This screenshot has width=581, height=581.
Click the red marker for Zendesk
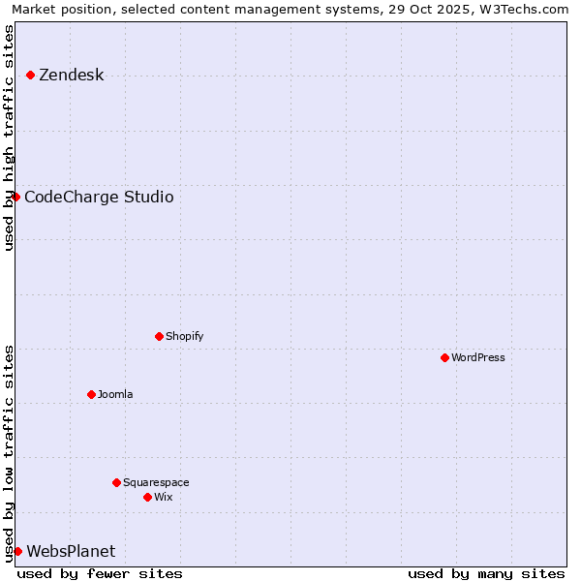[x=30, y=75]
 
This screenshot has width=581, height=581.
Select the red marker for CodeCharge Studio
[x=15, y=197]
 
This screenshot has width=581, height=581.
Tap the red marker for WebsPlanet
[x=17, y=551]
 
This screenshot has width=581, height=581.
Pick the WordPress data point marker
[x=444, y=357]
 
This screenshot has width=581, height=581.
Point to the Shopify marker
[x=159, y=336]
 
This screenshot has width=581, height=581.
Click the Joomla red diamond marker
[x=91, y=394]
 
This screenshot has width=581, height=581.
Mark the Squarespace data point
[x=116, y=482]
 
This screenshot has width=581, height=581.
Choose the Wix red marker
[x=147, y=497]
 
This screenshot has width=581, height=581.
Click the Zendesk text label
[x=71, y=75]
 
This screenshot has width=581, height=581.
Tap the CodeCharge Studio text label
[x=99, y=198]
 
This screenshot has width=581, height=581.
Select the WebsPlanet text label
[x=71, y=552]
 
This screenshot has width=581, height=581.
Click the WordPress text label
[x=478, y=357]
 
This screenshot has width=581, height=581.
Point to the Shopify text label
[x=184, y=336]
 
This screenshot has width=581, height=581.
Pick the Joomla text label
[x=115, y=394]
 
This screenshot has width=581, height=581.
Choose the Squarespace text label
[x=156, y=482]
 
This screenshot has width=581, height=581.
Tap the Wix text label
[x=163, y=497]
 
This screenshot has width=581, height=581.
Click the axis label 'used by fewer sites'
[x=100, y=573]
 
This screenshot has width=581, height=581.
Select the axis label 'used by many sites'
[x=486, y=573]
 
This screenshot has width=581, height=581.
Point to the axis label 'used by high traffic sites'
[x=10, y=138]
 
